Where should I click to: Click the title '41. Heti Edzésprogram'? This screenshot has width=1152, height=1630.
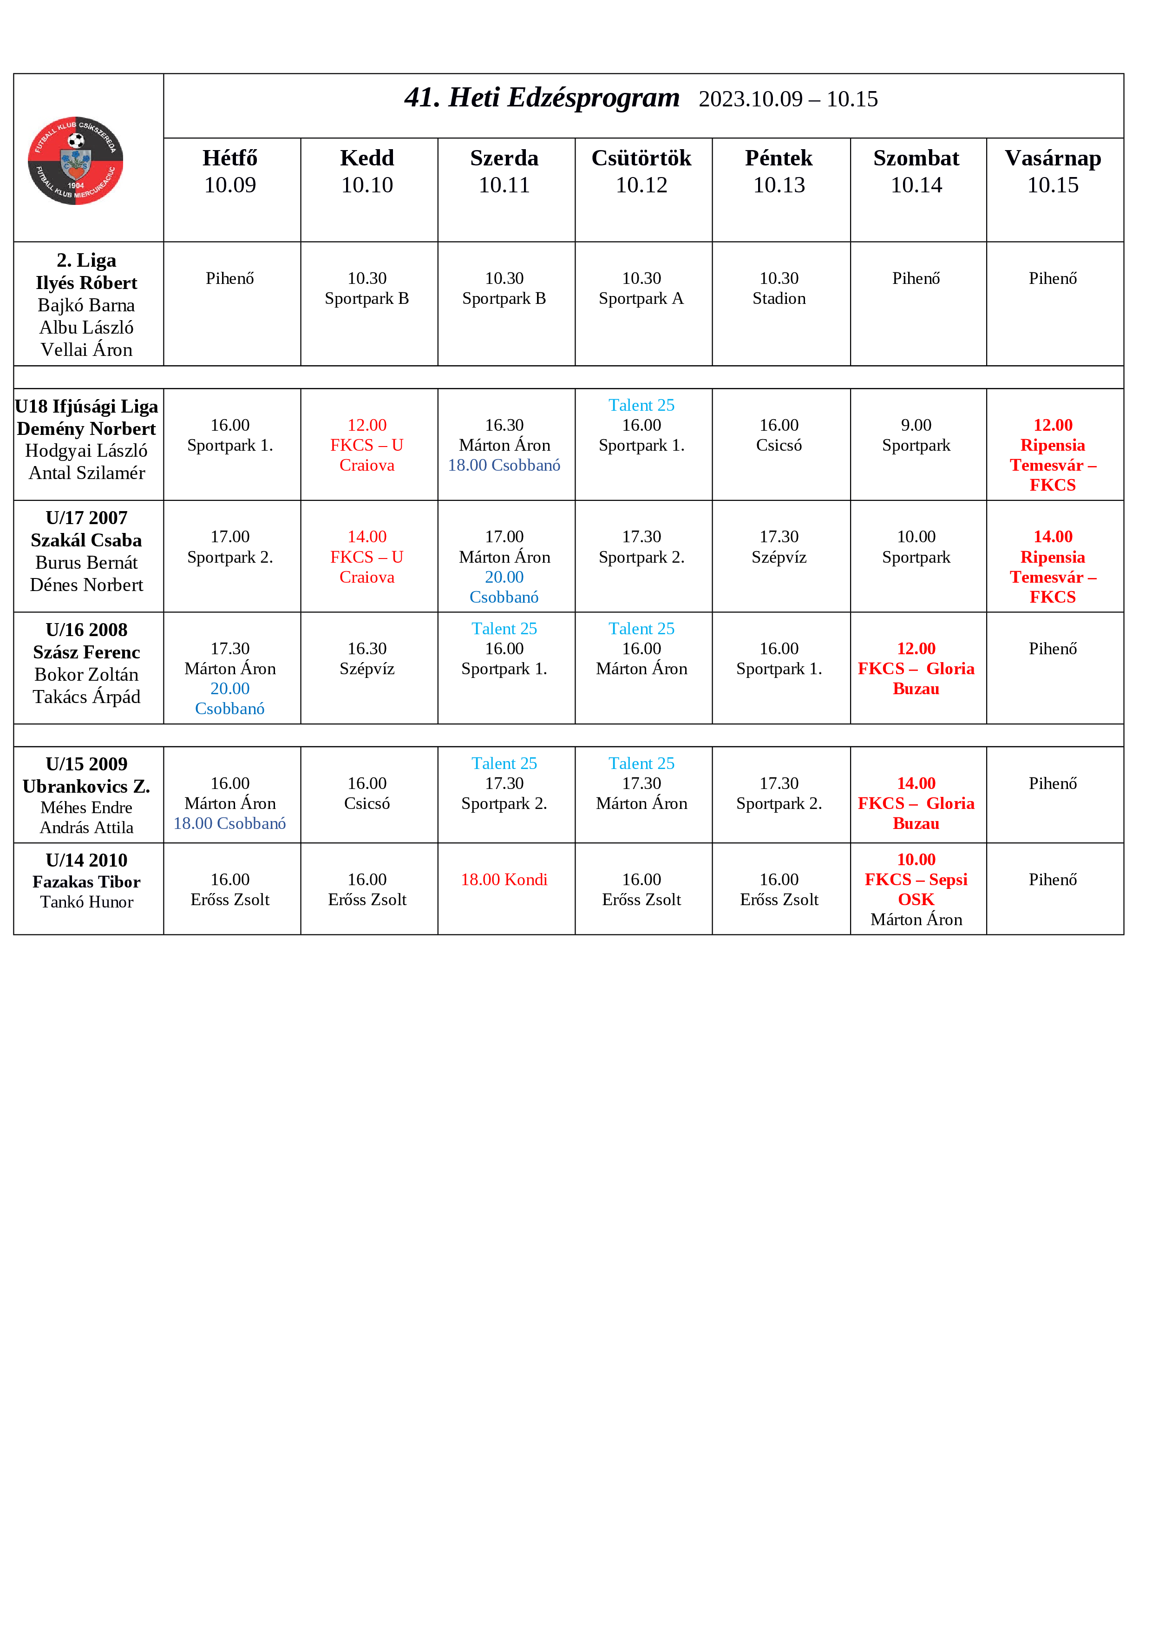[x=542, y=98]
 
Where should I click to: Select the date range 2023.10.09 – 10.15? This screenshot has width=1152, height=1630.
[x=788, y=99]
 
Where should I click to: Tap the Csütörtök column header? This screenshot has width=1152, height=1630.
[x=641, y=171]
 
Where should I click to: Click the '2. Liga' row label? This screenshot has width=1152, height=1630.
[x=86, y=261]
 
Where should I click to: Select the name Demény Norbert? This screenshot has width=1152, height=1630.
[x=86, y=429]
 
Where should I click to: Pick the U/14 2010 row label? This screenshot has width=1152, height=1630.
[x=86, y=861]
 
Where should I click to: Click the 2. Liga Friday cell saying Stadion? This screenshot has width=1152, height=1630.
[x=779, y=288]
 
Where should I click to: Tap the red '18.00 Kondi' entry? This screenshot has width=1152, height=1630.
[x=504, y=880]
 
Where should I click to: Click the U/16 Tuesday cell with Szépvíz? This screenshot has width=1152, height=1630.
[x=367, y=659]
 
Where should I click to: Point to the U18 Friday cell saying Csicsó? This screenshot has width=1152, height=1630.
[x=779, y=435]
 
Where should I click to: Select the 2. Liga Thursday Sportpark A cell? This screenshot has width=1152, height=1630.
[x=641, y=288]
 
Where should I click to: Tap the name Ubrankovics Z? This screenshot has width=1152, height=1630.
[x=86, y=787]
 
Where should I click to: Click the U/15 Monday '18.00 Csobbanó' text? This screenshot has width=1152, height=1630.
[x=230, y=823]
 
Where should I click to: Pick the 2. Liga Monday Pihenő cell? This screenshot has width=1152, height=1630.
[x=230, y=278]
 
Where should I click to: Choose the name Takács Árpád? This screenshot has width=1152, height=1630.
[x=86, y=697]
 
